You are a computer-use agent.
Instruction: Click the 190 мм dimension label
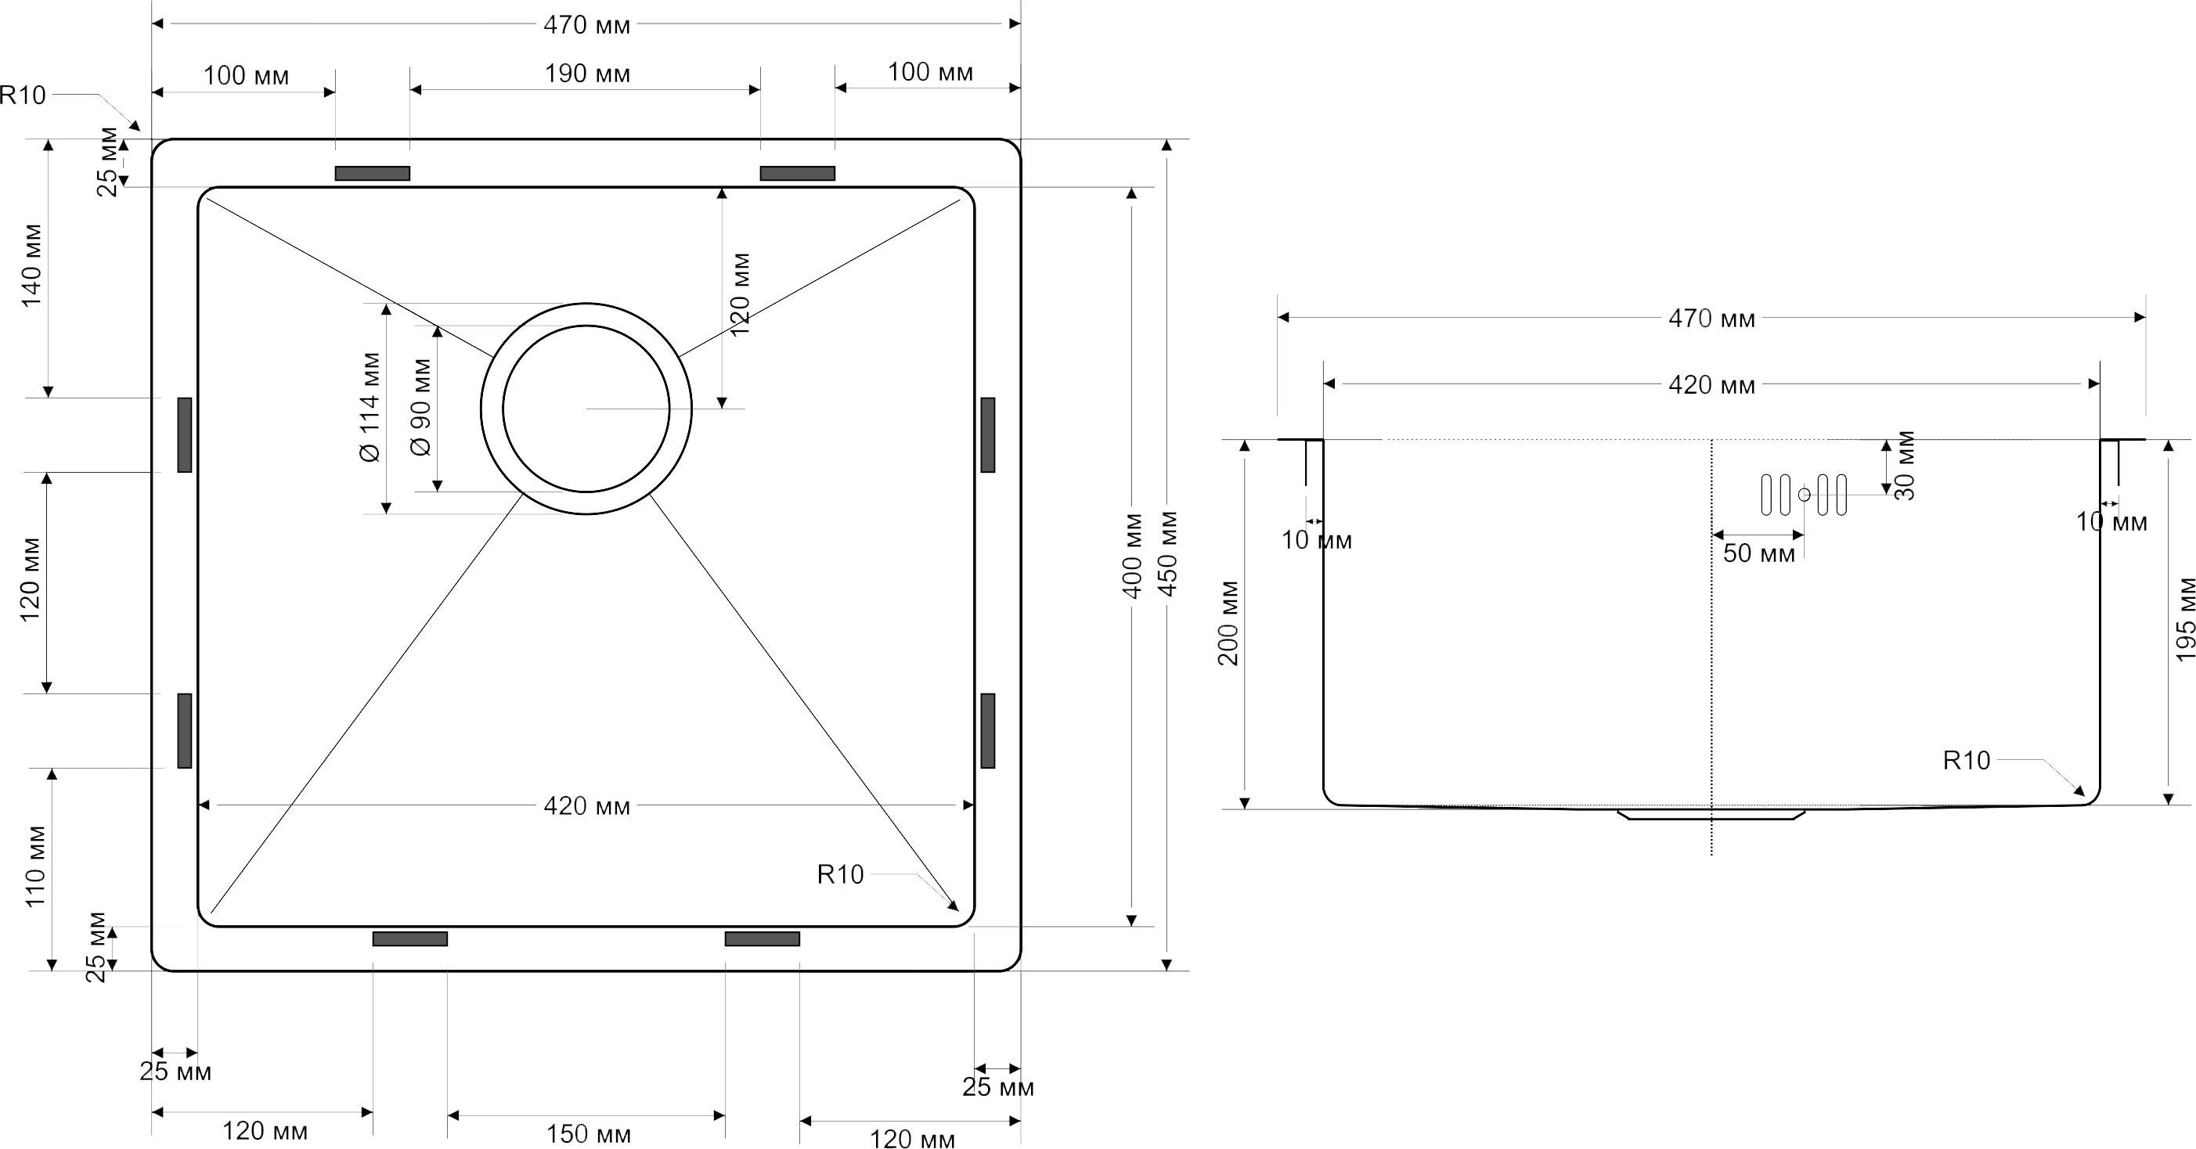(x=587, y=74)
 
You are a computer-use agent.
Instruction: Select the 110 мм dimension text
(x=35, y=866)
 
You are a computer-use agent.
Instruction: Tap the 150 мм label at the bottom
(x=588, y=1134)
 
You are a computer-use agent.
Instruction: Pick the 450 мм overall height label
(x=1169, y=554)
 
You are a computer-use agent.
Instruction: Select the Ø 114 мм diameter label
(x=371, y=408)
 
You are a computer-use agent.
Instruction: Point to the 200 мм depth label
(x=1228, y=623)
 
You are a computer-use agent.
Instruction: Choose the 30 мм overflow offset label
(x=1905, y=466)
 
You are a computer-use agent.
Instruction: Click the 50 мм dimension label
(x=1758, y=554)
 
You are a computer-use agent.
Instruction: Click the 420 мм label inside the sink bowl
(x=587, y=806)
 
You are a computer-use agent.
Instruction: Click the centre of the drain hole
(x=586, y=409)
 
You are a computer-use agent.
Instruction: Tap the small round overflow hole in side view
(x=1804, y=495)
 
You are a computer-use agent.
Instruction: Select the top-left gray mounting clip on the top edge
(x=373, y=174)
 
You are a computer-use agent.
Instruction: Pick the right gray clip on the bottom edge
(x=762, y=938)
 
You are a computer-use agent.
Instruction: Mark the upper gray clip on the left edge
(x=184, y=434)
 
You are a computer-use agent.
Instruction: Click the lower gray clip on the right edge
(x=987, y=730)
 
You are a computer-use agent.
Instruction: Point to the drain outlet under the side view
(x=1712, y=815)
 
